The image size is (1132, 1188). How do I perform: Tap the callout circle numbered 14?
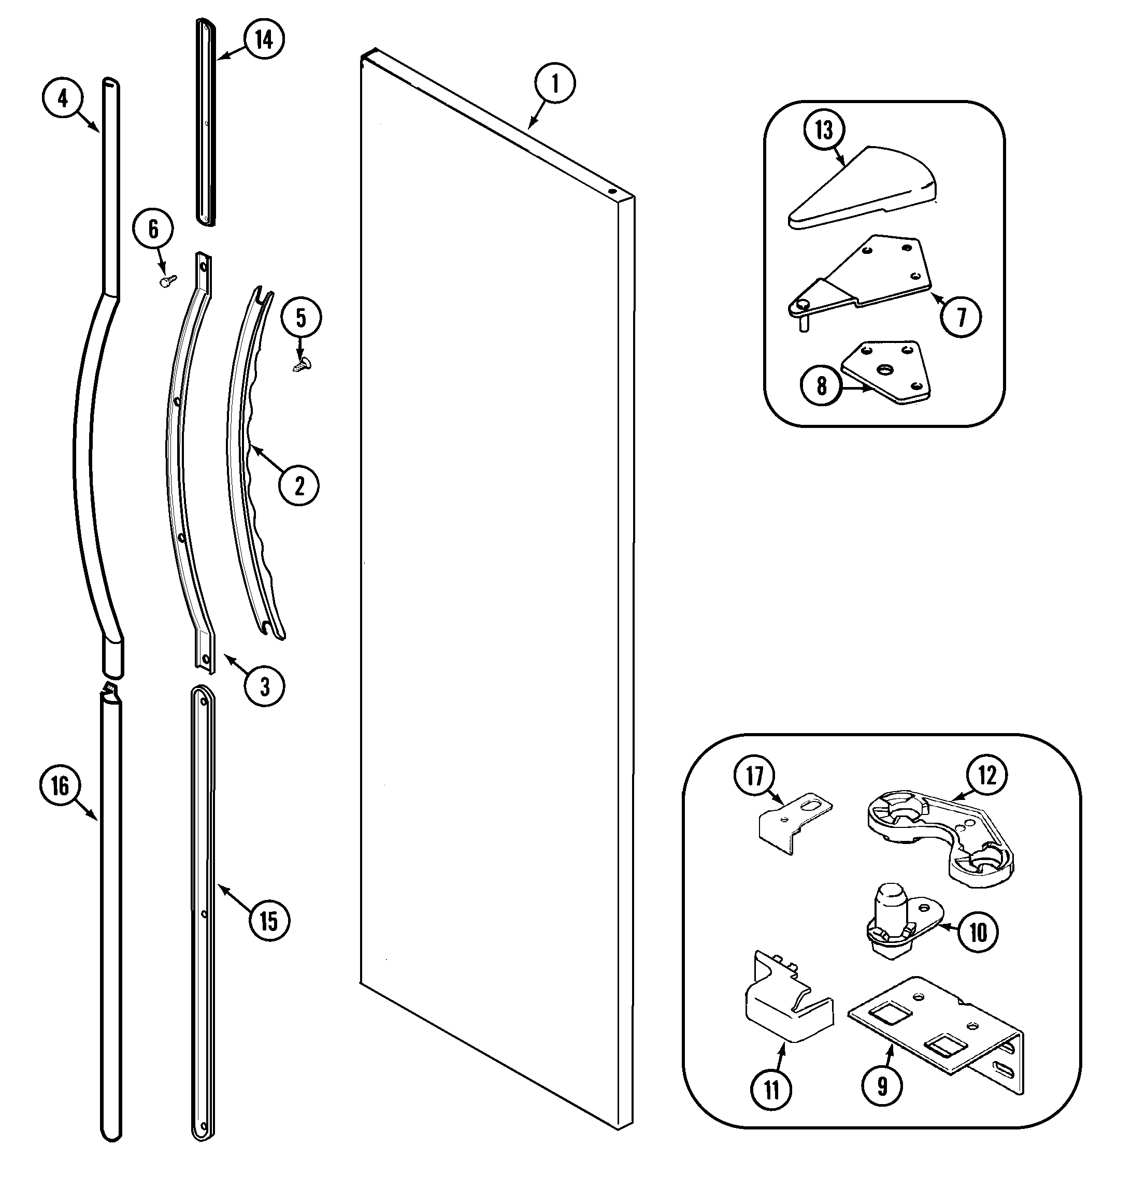[264, 39]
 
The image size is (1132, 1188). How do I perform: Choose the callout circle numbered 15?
[268, 921]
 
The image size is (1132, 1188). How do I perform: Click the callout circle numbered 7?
[961, 317]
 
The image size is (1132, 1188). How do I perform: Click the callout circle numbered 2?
[299, 485]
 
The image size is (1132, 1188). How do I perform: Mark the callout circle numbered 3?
[264, 686]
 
